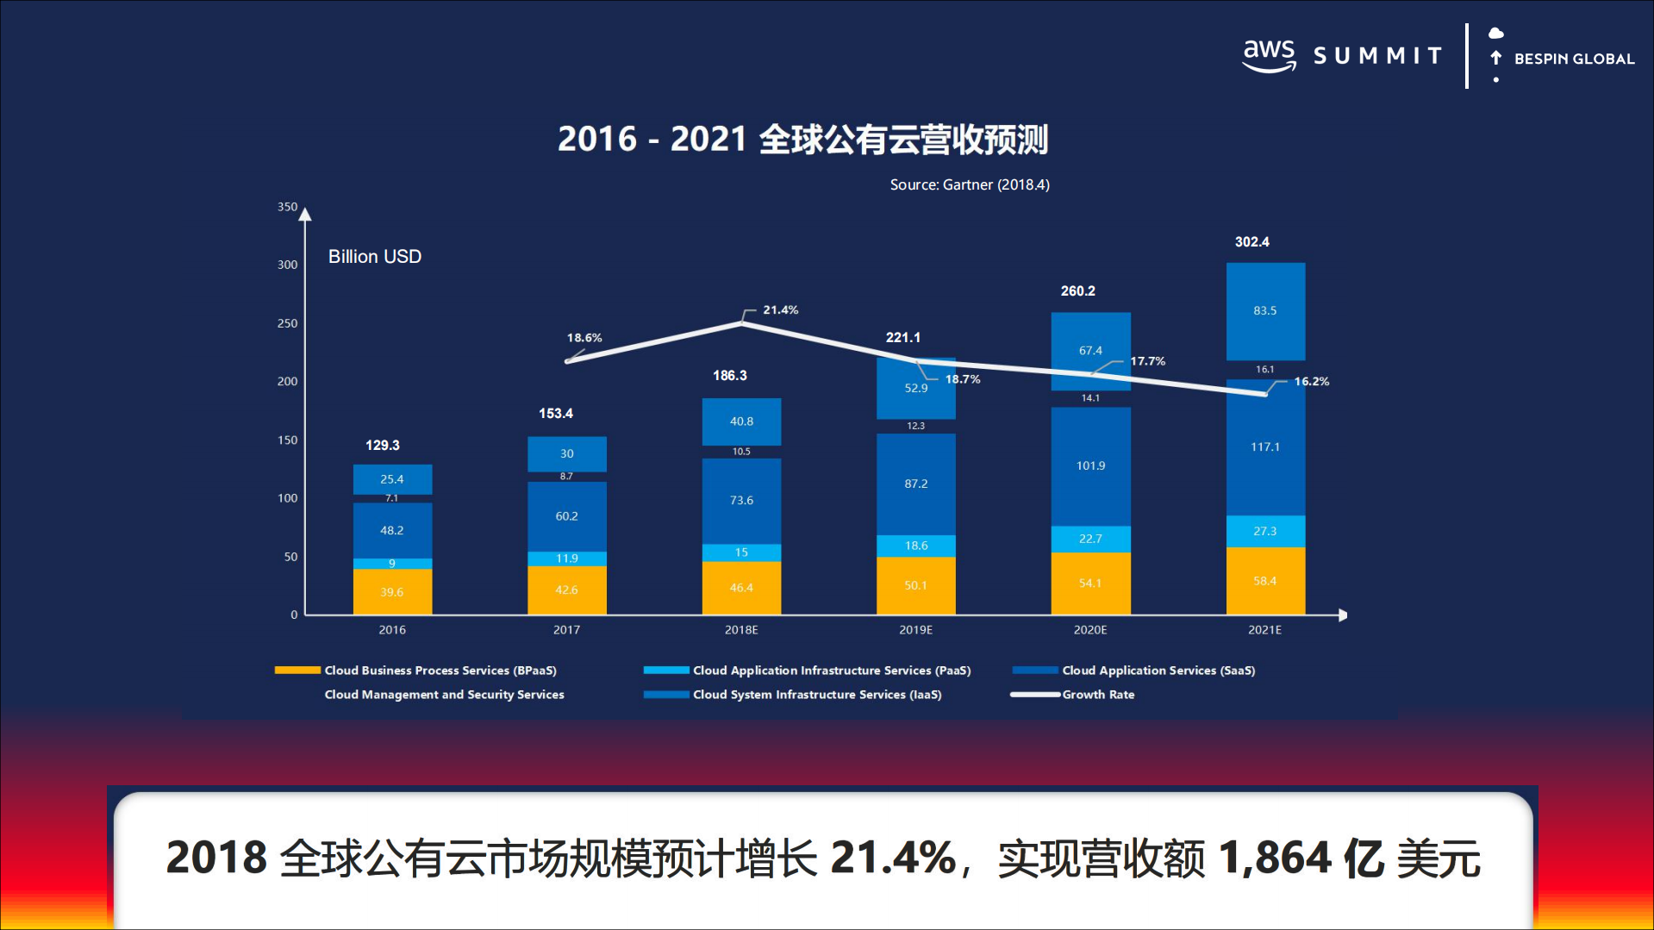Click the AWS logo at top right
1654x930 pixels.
point(1269,55)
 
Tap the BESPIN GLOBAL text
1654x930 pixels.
point(1573,59)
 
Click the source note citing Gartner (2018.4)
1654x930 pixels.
point(969,184)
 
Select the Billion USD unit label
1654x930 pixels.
point(374,257)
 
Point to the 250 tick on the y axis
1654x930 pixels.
point(287,323)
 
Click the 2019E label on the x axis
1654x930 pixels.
point(915,630)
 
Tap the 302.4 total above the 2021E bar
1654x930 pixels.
point(1251,242)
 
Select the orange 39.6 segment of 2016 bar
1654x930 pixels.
point(392,592)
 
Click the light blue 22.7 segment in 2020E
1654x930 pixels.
point(1090,539)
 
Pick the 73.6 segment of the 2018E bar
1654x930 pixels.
point(741,500)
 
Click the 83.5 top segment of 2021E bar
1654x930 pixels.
point(1264,310)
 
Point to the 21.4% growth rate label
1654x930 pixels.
point(780,309)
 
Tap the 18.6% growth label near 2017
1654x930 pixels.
point(584,338)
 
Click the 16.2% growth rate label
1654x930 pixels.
point(1311,381)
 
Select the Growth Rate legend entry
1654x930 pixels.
point(1097,695)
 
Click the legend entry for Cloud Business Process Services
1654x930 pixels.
point(440,671)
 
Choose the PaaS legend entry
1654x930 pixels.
point(831,671)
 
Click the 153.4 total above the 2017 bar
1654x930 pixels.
point(556,414)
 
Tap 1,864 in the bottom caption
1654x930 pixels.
point(1275,858)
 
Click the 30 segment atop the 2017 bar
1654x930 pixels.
point(566,453)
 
